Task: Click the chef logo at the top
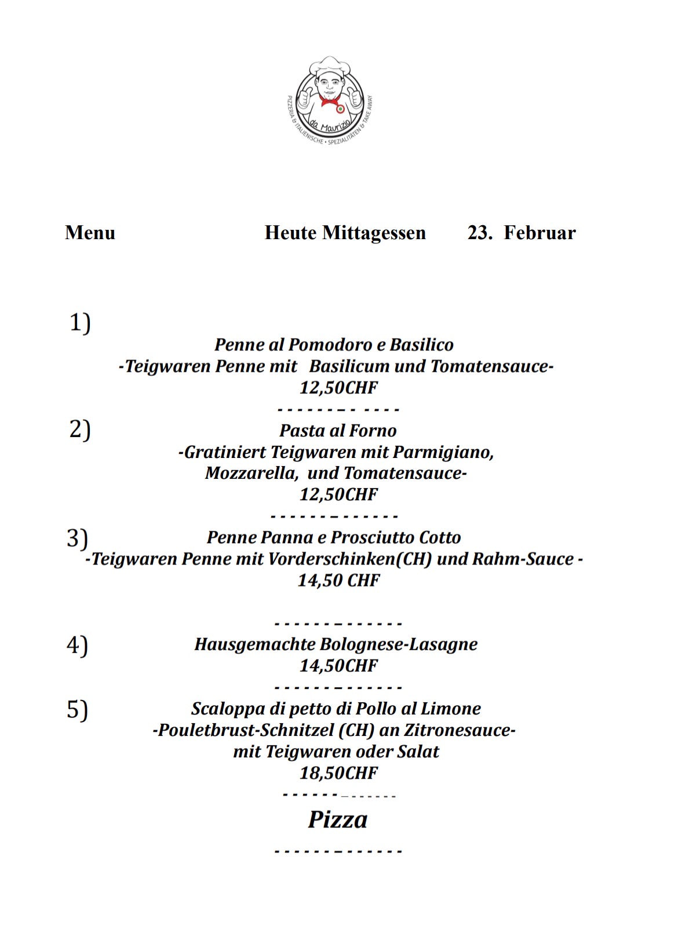[x=330, y=100]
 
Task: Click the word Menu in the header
[x=90, y=233]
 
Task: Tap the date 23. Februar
[x=522, y=233]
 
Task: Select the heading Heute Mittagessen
[x=345, y=233]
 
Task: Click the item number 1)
[x=80, y=322]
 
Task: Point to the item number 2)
[x=80, y=430]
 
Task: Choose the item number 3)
[x=77, y=538]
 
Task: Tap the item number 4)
[x=77, y=645]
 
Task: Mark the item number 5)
[x=77, y=709]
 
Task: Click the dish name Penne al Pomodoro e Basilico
[x=334, y=345]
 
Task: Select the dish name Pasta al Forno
[x=338, y=431]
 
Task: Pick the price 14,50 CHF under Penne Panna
[x=338, y=580]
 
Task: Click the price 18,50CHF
[x=338, y=773]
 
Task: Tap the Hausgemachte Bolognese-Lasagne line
[x=336, y=644]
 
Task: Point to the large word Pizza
[x=337, y=820]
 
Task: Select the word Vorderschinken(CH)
[x=350, y=559]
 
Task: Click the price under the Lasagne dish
[x=338, y=666]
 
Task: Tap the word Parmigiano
[x=447, y=452]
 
